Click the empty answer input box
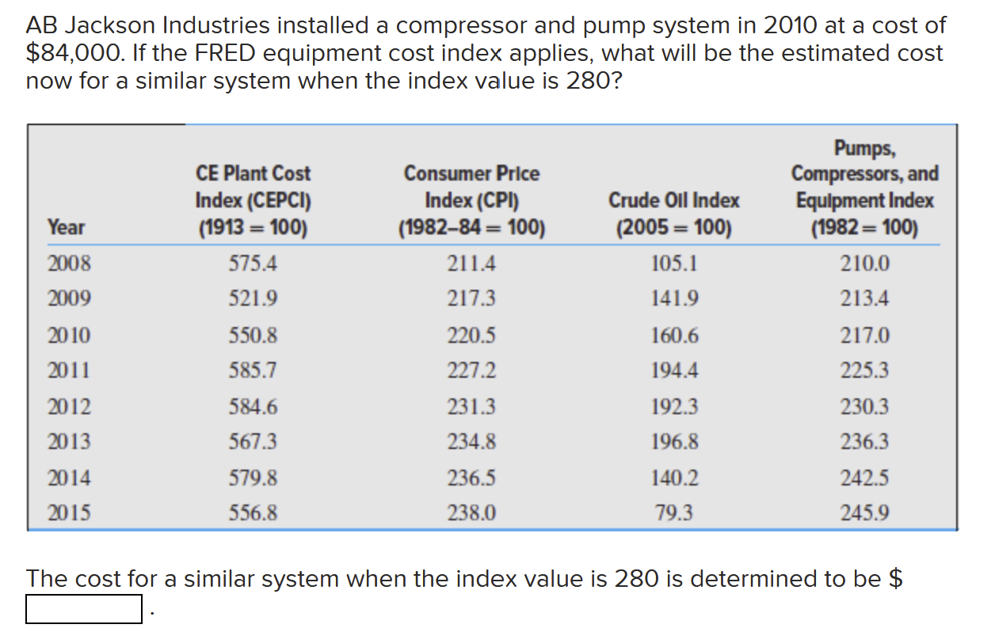(x=84, y=609)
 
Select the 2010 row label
(x=69, y=336)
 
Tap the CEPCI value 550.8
(x=253, y=336)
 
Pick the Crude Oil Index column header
(x=673, y=215)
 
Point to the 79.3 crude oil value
(x=673, y=513)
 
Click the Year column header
(x=66, y=228)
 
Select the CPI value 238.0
(x=472, y=513)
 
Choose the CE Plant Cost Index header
(x=253, y=200)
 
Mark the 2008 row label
(x=69, y=263)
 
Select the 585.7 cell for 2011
(x=253, y=370)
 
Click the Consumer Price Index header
(x=472, y=200)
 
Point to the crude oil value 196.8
(x=673, y=441)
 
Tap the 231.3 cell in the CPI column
(x=472, y=407)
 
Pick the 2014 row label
(x=69, y=478)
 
